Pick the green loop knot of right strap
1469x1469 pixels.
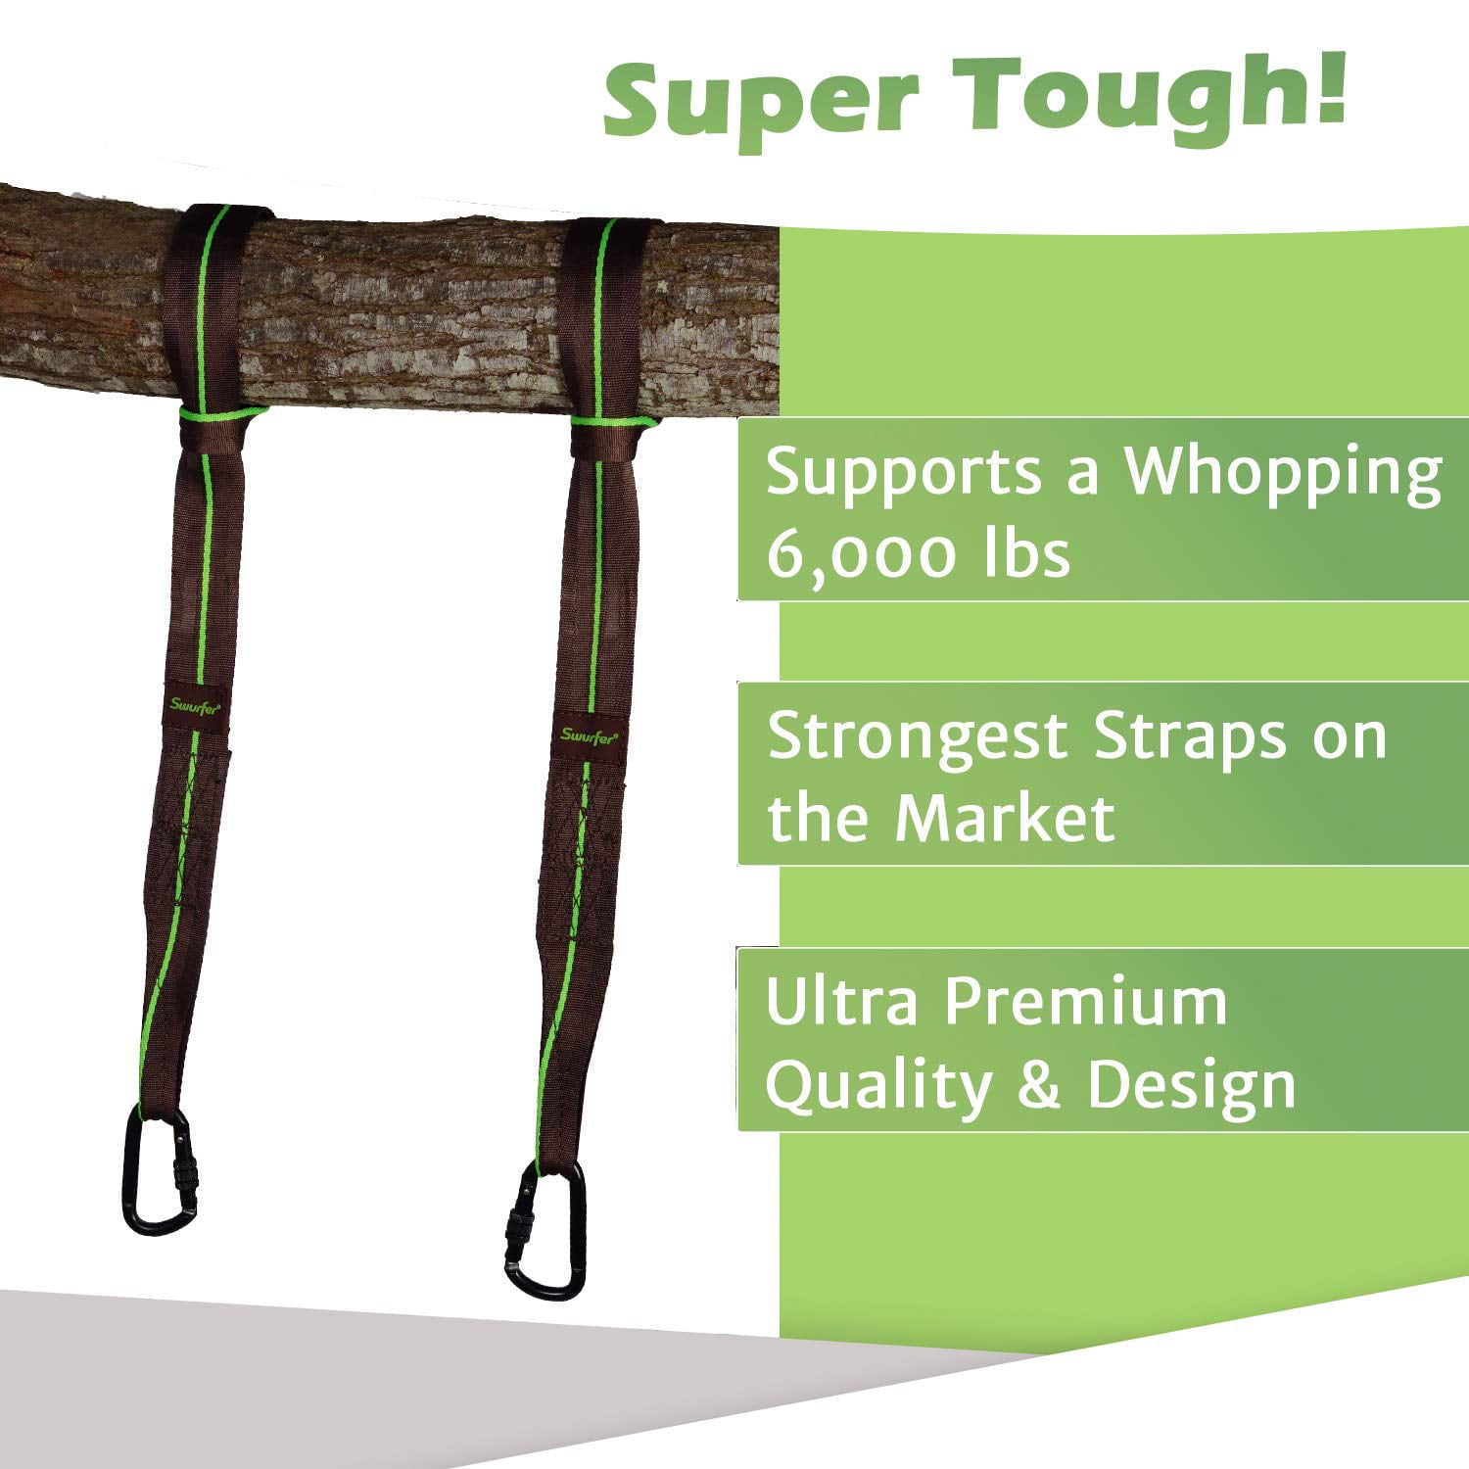(x=613, y=423)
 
